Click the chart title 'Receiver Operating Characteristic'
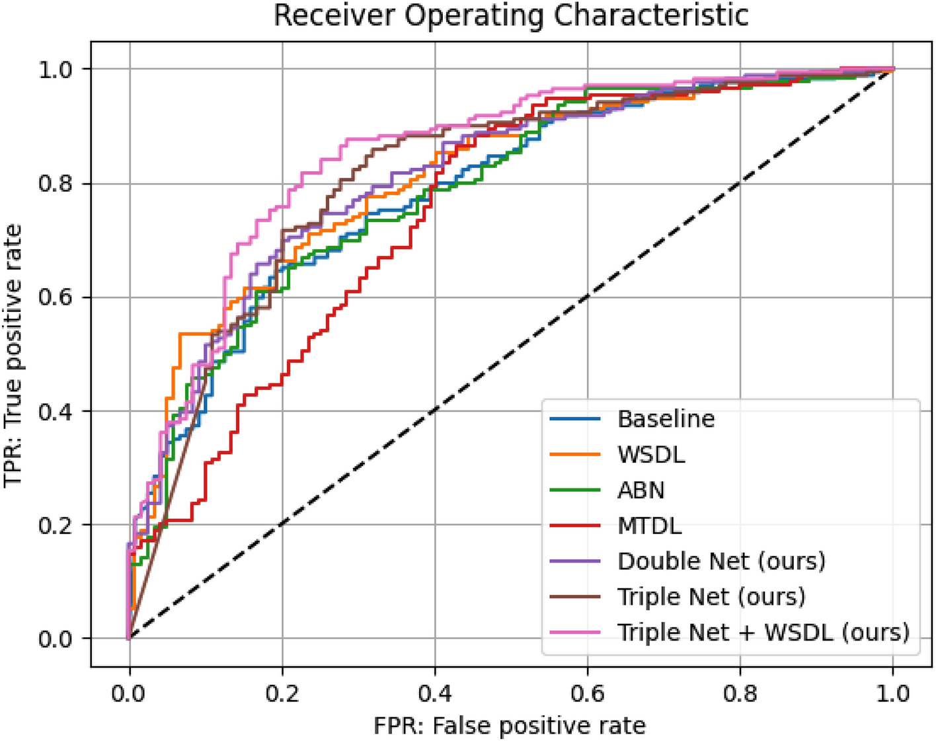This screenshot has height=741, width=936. (x=510, y=16)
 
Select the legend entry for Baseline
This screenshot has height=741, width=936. (x=666, y=419)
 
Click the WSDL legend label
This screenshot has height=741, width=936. (x=651, y=455)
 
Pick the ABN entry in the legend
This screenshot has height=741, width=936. (x=641, y=490)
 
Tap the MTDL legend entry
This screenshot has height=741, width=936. (x=649, y=526)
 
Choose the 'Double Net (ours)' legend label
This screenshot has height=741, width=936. (x=721, y=561)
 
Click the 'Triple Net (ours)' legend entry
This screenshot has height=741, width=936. (x=711, y=597)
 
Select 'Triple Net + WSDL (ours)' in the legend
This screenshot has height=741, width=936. (x=763, y=633)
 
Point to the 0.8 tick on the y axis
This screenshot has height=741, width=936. (x=56, y=184)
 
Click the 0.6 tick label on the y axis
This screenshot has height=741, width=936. (x=56, y=297)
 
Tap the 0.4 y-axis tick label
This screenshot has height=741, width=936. (x=56, y=411)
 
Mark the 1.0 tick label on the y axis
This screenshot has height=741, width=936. (x=56, y=69)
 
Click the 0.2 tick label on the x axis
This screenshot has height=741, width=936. (x=282, y=693)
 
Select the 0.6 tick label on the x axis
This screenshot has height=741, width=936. (x=588, y=693)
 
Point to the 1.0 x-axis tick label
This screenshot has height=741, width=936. (x=893, y=693)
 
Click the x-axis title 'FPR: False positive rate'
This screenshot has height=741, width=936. (x=510, y=726)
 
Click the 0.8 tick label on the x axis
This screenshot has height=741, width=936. (x=740, y=693)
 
